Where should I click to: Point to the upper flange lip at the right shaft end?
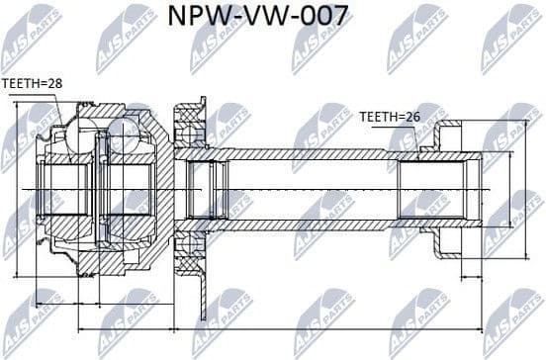[x=449, y=133]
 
